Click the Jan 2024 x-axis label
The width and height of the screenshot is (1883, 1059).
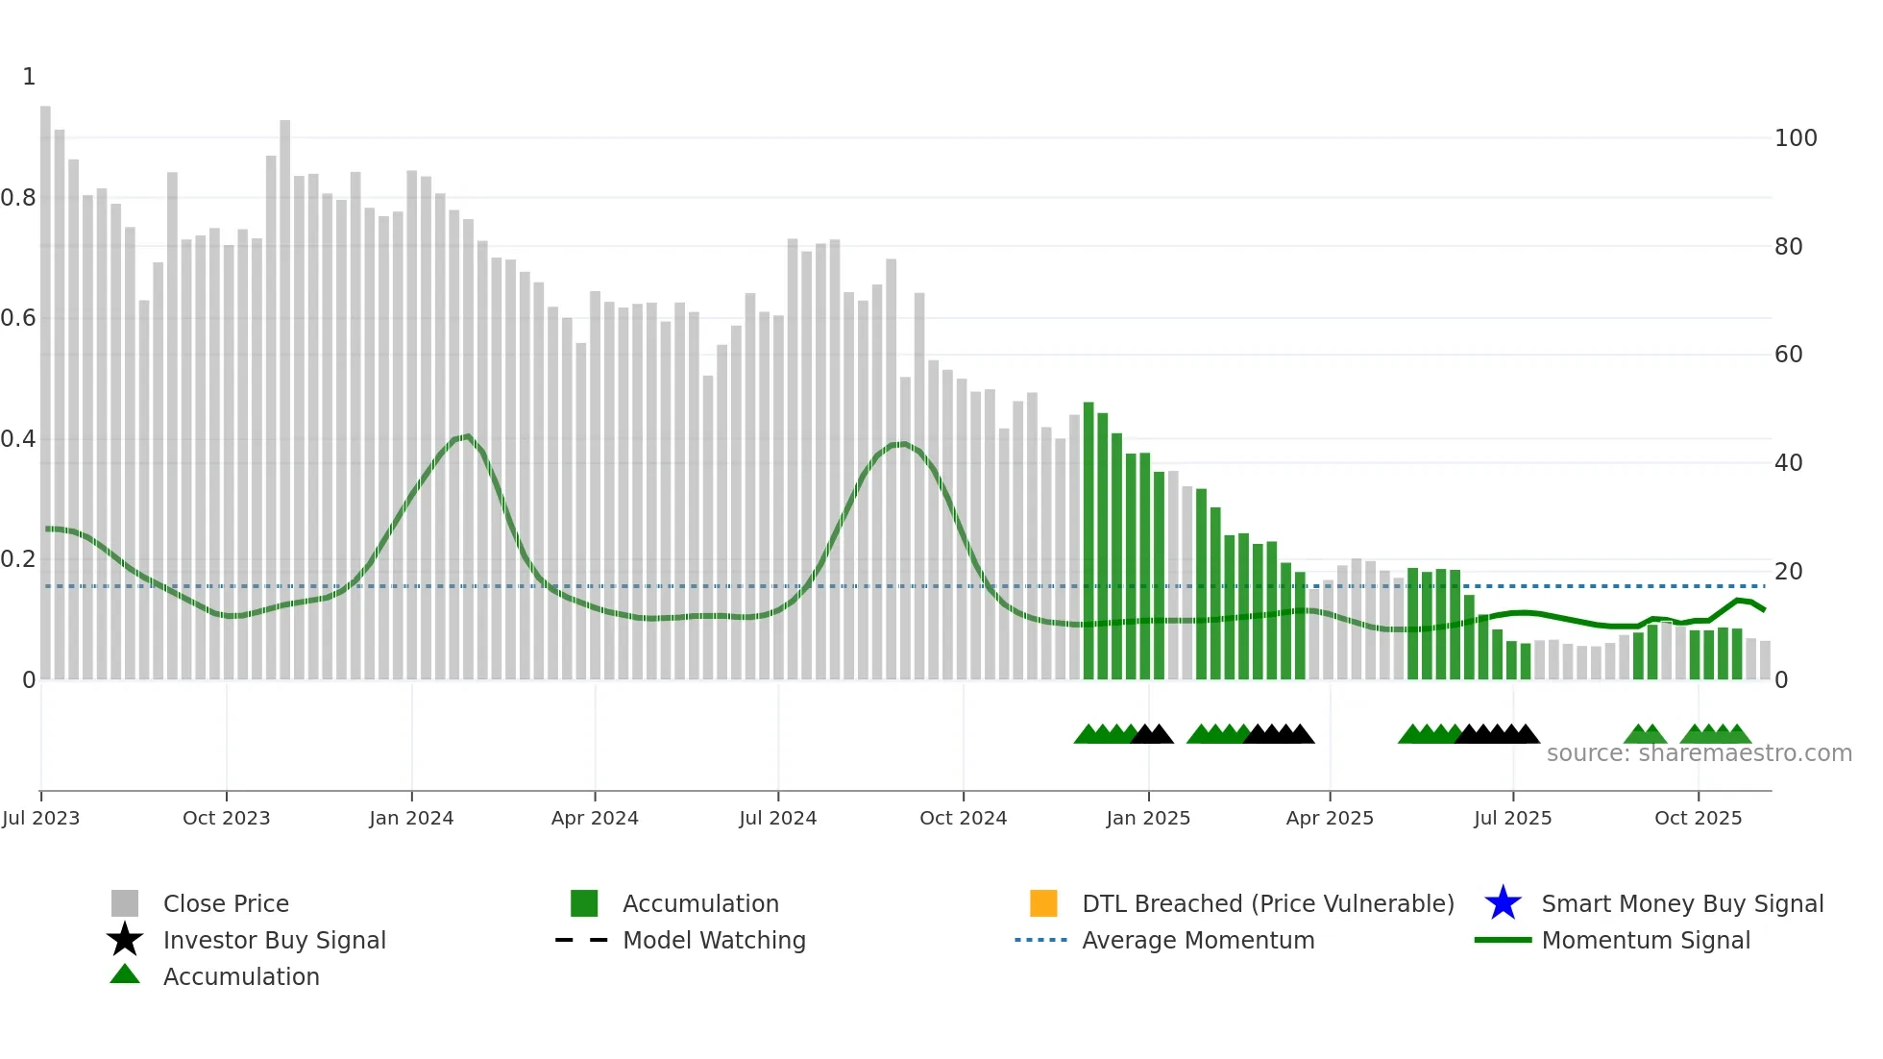pos(411,818)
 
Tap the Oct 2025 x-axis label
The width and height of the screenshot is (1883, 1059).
pos(1698,818)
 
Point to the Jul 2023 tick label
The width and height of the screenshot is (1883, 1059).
pos(40,818)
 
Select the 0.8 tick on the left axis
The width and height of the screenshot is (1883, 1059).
pos(18,198)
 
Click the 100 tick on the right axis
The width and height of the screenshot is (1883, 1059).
pos(1795,138)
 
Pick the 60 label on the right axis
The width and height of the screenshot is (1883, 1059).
pos(1788,355)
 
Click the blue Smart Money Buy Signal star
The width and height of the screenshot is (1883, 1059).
pos(1503,903)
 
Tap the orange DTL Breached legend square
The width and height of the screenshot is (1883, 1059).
pos(1043,903)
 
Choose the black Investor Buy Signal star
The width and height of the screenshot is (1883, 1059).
pos(125,940)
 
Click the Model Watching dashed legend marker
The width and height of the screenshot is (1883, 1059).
pos(582,940)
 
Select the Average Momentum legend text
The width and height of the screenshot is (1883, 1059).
pos(1198,940)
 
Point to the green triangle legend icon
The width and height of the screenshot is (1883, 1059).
pos(125,974)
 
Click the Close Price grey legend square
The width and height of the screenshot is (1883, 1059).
pos(125,903)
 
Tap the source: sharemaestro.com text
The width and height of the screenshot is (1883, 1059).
pos(1699,753)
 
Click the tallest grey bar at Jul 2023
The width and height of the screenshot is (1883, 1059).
pos(45,384)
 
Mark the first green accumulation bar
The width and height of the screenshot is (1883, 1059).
pos(1088,538)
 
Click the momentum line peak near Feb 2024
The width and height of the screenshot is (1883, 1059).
pos(466,436)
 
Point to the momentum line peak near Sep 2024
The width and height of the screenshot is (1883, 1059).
pos(901,444)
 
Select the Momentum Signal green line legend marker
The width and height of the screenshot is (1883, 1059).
pos(1503,940)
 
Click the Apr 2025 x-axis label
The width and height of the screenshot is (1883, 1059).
pos(1330,818)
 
